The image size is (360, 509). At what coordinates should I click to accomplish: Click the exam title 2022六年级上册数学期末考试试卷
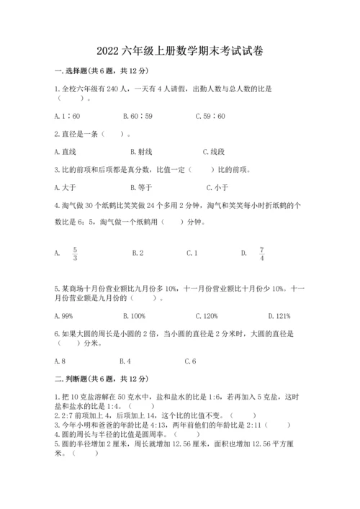point(180,52)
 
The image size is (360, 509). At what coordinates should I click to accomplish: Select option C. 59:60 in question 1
point(210,115)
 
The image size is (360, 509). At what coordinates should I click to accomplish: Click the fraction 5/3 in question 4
point(74,253)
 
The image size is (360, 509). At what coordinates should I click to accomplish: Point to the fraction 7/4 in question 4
point(262,253)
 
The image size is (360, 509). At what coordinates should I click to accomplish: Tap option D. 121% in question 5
point(279,315)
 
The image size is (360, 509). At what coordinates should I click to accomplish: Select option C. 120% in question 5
point(207,315)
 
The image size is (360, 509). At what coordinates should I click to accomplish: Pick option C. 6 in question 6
point(191,361)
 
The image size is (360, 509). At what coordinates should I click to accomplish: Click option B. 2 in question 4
point(138,253)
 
